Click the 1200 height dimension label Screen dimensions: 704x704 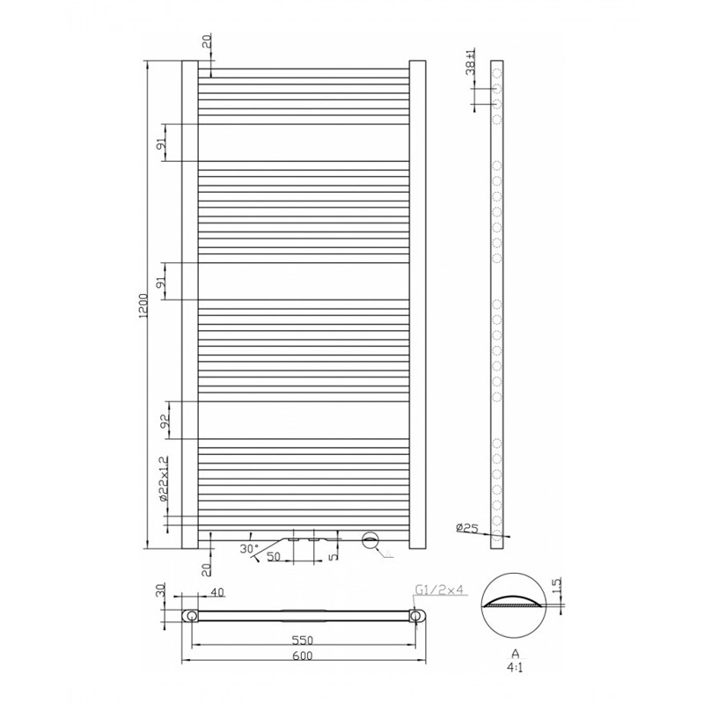[143, 306]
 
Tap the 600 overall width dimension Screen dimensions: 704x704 [303, 656]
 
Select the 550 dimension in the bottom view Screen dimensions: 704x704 [303, 640]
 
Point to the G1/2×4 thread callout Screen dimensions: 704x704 [438, 590]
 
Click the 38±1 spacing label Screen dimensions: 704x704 [471, 62]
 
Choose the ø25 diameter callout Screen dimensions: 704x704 [467, 528]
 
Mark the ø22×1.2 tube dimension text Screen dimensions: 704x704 [164, 479]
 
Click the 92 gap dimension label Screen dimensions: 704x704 [165, 420]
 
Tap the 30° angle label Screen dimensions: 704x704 [249, 548]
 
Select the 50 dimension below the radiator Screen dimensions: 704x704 [274, 557]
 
